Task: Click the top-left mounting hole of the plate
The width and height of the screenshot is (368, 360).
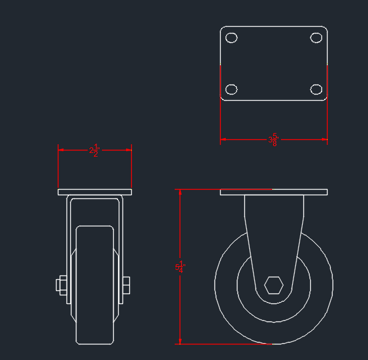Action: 231,37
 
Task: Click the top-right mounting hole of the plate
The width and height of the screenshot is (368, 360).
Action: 316,37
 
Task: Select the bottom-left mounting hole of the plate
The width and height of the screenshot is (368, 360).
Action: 231,89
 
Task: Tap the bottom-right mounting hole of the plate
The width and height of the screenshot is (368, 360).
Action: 316,89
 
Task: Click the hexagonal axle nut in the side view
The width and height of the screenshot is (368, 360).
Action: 274,285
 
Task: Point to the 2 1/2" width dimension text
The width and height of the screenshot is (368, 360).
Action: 94,150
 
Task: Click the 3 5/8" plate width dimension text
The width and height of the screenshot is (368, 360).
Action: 273,140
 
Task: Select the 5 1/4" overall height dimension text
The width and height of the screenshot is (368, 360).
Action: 180,267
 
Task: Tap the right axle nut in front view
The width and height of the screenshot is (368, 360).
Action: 126,285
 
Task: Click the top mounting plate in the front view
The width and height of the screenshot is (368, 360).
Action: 94,192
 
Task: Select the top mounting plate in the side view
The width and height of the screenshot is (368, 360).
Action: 274,192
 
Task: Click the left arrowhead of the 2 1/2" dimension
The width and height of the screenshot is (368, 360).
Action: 60,149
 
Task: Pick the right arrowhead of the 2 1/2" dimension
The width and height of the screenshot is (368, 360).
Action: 129,149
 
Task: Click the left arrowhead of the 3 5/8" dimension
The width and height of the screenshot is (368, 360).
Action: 223,139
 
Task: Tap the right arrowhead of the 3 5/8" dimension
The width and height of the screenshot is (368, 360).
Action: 324,139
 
